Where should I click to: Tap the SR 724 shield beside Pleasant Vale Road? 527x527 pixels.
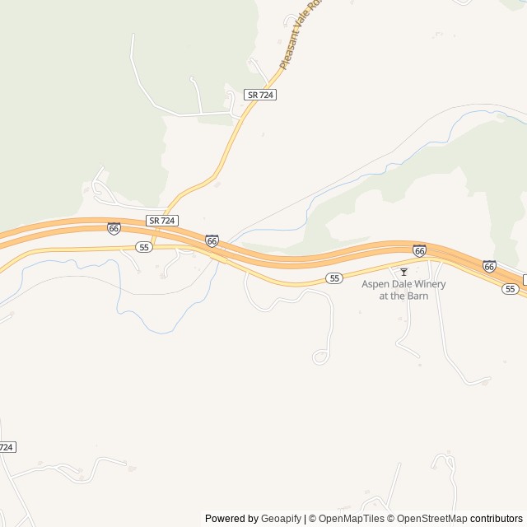point(260,95)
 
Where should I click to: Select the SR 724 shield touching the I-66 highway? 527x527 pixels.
point(162,221)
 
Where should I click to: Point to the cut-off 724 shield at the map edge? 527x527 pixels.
point(7,446)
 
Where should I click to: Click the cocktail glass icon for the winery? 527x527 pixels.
point(403,271)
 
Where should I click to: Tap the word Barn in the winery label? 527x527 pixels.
point(418,296)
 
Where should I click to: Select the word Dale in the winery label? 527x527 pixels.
point(403,284)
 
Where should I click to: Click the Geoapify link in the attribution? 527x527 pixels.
point(282,519)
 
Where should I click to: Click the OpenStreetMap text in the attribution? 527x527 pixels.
point(432,519)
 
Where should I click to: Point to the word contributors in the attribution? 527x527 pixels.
point(497,519)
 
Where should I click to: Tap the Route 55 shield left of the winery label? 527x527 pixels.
point(333,278)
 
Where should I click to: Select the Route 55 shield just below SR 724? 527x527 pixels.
point(144,247)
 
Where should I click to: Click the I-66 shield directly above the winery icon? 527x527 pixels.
point(419,250)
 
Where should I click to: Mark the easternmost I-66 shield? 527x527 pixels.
point(489,266)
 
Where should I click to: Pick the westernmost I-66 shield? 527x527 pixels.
point(114,228)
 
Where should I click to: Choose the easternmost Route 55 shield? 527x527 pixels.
point(511,288)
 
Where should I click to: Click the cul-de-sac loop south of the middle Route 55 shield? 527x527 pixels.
point(319,357)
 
